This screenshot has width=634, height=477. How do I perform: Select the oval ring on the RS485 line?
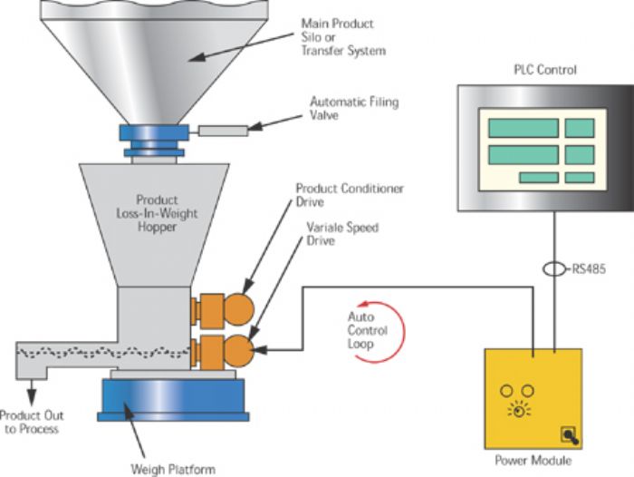point(553,269)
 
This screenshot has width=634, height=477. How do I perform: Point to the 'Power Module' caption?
point(533,461)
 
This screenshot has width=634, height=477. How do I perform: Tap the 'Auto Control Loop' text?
point(368,331)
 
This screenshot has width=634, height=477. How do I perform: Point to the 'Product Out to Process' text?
point(30,422)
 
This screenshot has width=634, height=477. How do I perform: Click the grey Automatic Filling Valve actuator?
point(223,131)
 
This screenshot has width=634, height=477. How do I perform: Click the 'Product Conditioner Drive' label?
point(349,196)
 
